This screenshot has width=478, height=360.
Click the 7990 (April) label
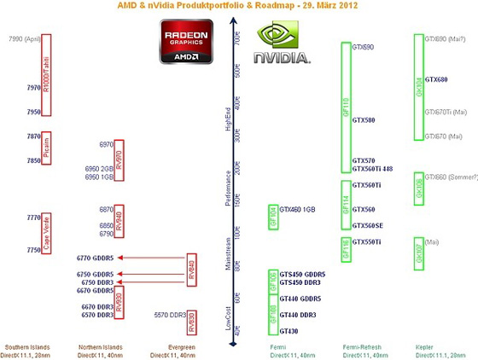point(24,39)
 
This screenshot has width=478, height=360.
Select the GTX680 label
point(435,79)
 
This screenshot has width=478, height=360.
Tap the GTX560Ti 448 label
point(372,169)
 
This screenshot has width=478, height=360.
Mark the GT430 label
point(289,331)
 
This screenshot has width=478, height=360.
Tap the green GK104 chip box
point(418,87)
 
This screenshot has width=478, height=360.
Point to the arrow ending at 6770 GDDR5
point(154,257)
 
